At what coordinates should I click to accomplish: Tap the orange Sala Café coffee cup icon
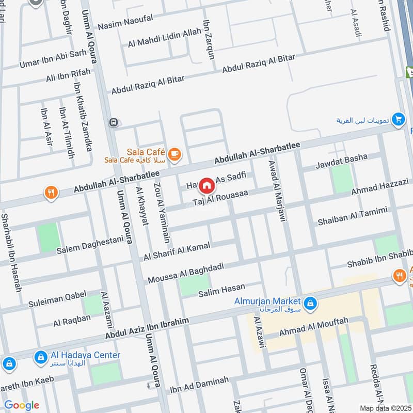click(174, 153)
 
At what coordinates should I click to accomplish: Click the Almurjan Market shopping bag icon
click(310, 304)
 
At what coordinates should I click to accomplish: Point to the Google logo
click(21, 405)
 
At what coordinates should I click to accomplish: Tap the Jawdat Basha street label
click(342, 161)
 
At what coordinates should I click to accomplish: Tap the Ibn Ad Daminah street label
click(199, 383)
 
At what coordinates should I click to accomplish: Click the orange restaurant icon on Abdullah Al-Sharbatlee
click(51, 193)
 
